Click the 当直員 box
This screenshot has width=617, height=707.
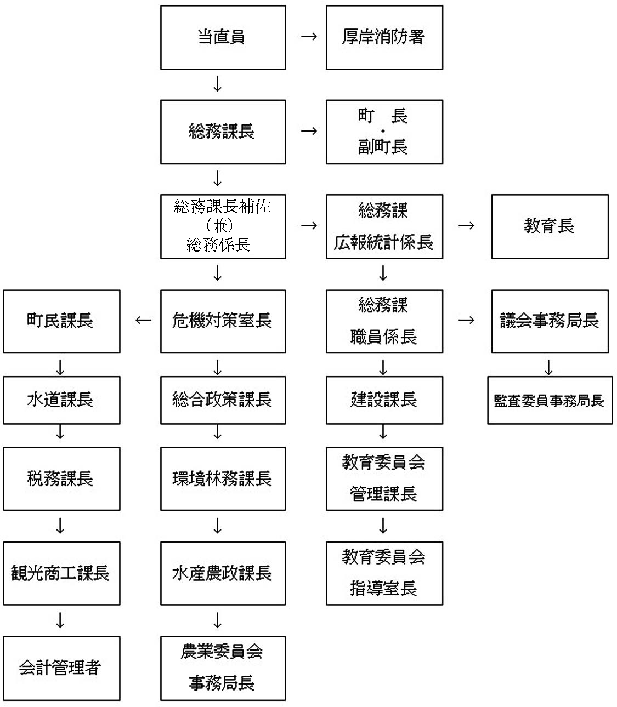223,37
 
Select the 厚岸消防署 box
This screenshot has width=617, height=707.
384,37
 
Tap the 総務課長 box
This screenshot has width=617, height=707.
223,132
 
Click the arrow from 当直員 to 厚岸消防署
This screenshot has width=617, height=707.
309,37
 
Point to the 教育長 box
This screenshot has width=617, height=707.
550,226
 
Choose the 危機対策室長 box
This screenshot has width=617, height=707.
223,321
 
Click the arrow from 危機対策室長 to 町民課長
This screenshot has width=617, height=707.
143,320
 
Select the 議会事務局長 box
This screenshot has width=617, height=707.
550,321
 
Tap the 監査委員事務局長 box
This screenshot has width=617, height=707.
550,400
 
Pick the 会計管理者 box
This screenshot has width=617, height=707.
61,668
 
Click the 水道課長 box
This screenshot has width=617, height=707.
61,400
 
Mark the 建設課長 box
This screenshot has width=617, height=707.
384,400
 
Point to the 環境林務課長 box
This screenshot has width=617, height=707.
223,478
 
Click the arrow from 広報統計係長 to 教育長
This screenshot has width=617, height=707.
466,225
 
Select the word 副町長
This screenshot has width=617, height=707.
383,147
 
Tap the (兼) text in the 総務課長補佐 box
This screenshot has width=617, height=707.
219,225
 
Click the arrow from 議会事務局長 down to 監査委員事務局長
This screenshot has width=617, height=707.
548,367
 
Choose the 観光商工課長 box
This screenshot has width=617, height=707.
61,573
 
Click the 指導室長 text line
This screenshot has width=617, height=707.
383,589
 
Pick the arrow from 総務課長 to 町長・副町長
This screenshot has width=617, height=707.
309,131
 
